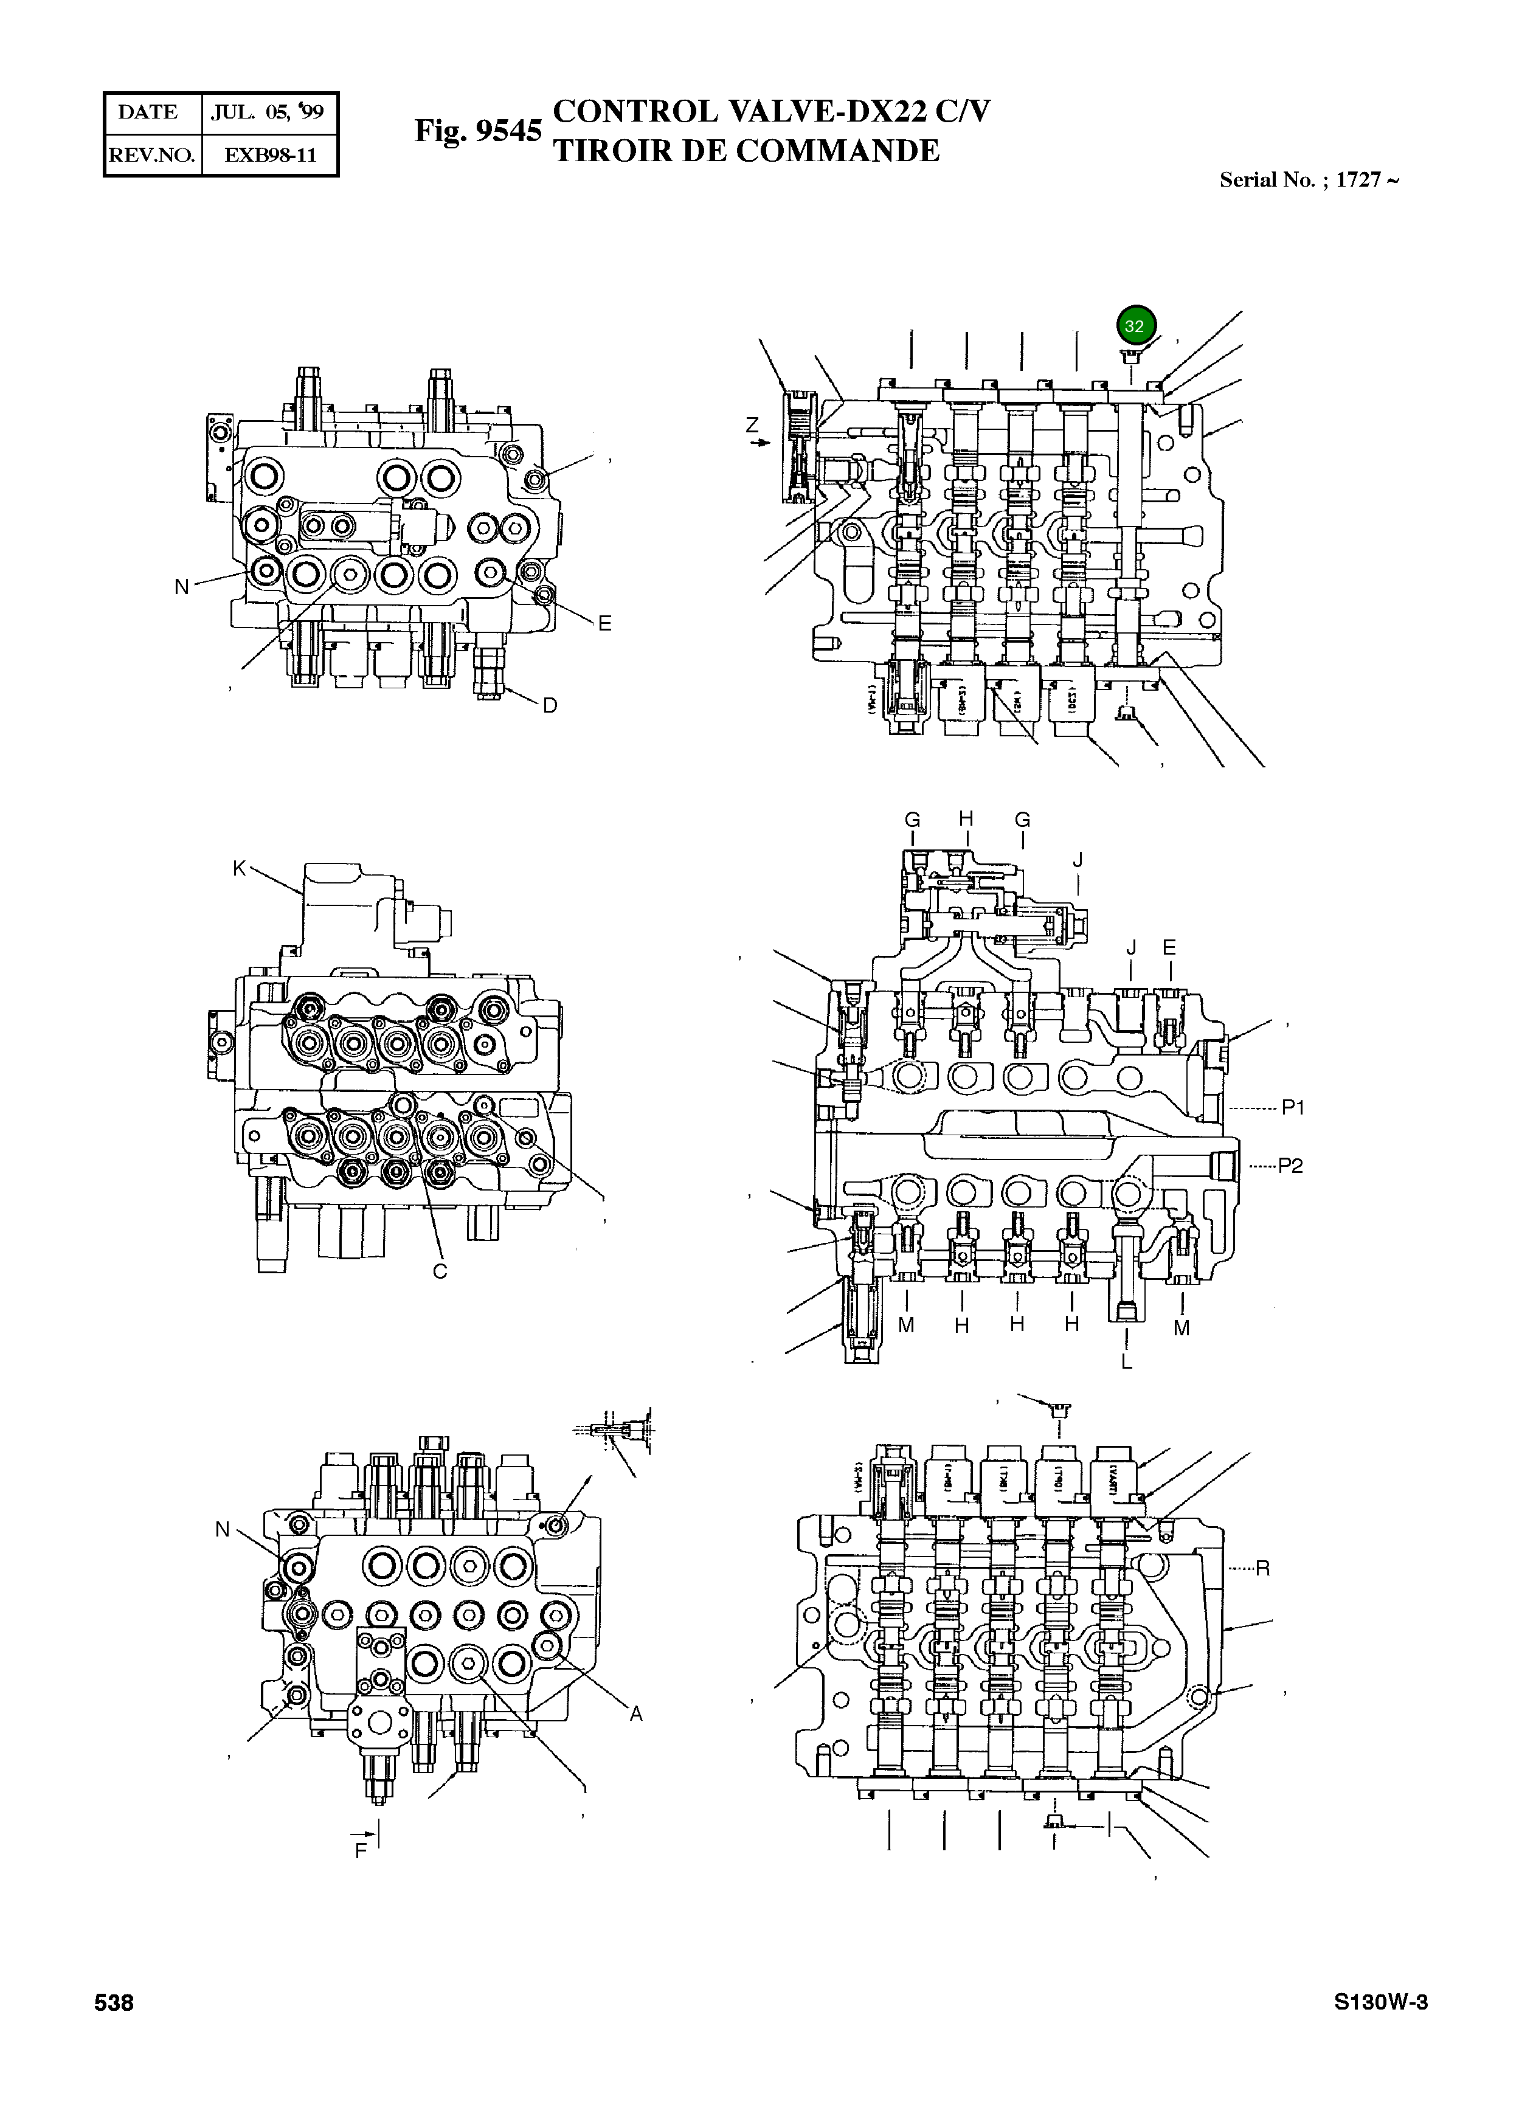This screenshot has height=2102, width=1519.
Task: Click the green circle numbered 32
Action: pyautogui.click(x=1134, y=325)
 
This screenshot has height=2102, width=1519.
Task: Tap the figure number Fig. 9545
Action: pyautogui.click(x=477, y=131)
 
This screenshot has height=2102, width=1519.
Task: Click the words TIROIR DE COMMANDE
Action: pyautogui.click(x=746, y=151)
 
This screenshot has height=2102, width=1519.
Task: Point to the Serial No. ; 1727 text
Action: pyautogui.click(x=1308, y=180)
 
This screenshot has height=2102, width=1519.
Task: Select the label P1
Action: pyautogui.click(x=1293, y=1107)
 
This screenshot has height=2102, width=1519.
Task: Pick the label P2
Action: pyautogui.click(x=1290, y=1166)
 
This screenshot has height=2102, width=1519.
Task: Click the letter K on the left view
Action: pyautogui.click(x=239, y=868)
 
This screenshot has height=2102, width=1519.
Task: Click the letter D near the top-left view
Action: pyautogui.click(x=550, y=705)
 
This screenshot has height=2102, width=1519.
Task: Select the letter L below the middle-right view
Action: pyautogui.click(x=1126, y=1361)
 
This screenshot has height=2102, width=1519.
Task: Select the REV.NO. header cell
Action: pyautogui.click(x=152, y=156)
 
